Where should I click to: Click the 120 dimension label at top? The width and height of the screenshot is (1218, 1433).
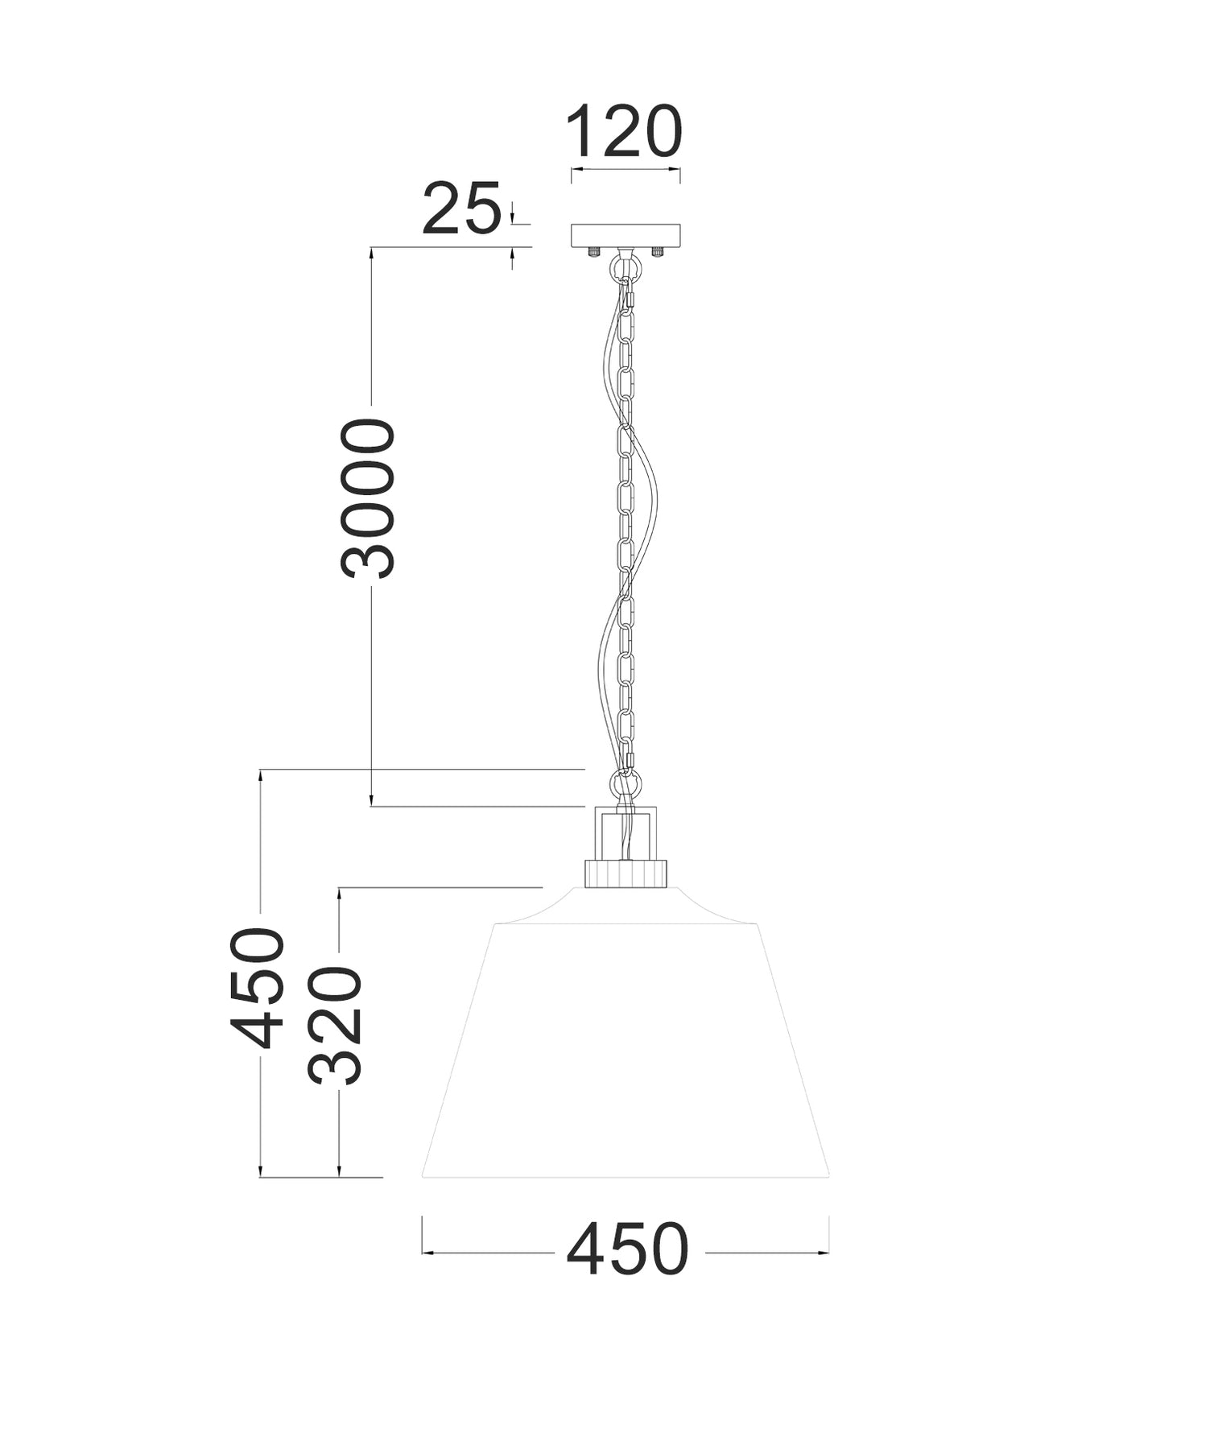(624, 131)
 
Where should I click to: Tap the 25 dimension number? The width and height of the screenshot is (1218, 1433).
(461, 209)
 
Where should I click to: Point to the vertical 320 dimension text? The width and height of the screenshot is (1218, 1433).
(335, 1025)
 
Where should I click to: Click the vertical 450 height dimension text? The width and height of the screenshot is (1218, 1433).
(258, 988)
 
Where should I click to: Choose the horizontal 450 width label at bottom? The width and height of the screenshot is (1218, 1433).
(627, 1250)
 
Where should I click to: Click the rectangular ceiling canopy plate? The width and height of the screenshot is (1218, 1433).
(626, 235)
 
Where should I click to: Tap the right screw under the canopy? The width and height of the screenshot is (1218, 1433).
(658, 252)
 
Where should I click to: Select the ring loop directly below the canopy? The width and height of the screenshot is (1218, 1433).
(626, 266)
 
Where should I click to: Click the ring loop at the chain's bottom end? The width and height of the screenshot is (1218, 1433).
(626, 783)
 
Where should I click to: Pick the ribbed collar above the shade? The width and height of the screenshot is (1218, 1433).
(626, 873)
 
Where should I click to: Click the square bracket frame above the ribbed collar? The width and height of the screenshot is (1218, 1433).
(626, 832)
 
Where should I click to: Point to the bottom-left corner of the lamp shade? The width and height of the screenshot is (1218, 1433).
(423, 1176)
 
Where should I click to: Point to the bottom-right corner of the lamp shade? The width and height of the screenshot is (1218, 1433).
(828, 1176)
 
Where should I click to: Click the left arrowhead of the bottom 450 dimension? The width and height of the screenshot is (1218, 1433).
(427, 1253)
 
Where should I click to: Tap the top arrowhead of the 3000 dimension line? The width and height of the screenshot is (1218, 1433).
(371, 252)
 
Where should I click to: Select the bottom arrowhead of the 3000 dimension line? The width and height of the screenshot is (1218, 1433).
(371, 800)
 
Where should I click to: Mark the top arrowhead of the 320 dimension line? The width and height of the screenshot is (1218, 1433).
(339, 893)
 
